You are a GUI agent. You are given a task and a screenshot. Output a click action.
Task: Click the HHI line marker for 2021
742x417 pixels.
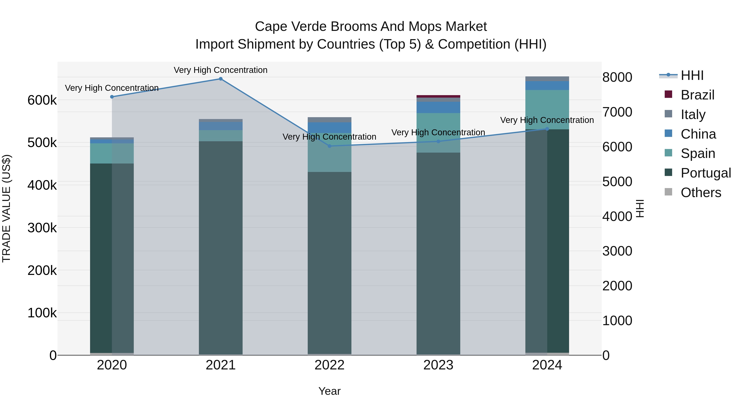pyautogui.click(x=221, y=79)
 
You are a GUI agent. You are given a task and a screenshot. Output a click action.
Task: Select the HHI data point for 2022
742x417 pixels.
pyautogui.click(x=330, y=146)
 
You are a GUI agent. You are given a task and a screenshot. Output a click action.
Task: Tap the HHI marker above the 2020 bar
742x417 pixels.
pyautogui.click(x=112, y=97)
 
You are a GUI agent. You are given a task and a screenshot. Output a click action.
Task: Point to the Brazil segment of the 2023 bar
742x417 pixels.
pyautogui.click(x=438, y=96)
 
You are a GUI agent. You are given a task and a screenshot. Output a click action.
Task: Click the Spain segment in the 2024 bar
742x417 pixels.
pyautogui.click(x=547, y=109)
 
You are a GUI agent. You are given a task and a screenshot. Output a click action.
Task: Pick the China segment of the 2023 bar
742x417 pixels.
pyautogui.click(x=438, y=107)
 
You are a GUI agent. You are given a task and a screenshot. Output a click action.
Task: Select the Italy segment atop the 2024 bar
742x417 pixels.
pyautogui.click(x=547, y=79)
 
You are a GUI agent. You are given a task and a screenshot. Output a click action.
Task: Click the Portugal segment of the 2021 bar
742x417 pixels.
pyautogui.click(x=221, y=248)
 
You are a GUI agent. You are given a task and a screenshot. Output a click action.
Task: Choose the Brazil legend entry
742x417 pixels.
pyautogui.click(x=697, y=95)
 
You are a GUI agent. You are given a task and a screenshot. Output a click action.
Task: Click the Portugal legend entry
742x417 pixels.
pyautogui.click(x=706, y=173)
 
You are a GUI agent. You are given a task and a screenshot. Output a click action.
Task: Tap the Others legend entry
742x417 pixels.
pyautogui.click(x=701, y=193)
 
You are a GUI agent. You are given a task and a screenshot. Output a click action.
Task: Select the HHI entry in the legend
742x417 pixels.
pyautogui.click(x=692, y=75)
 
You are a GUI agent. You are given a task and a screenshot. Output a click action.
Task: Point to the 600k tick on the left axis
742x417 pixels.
pyautogui.click(x=42, y=100)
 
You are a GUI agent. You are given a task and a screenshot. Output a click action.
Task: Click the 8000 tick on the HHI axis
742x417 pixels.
pyautogui.click(x=617, y=77)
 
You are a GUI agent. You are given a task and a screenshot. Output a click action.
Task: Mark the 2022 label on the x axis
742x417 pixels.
pyautogui.click(x=330, y=365)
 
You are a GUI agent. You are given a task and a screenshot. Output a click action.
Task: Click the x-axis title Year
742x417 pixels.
pyautogui.click(x=330, y=391)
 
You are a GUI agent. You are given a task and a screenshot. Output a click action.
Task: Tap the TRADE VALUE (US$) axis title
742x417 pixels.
pyautogui.click(x=7, y=208)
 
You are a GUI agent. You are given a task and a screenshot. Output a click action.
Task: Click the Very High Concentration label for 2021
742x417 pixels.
pyautogui.click(x=221, y=70)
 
